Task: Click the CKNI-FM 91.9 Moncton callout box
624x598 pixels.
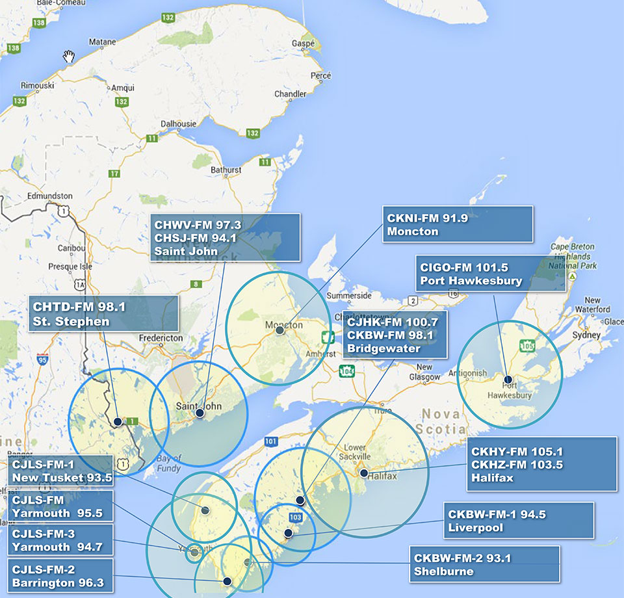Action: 457,224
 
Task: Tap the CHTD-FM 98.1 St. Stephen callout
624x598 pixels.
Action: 103,313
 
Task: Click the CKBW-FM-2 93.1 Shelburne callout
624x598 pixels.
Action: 484,564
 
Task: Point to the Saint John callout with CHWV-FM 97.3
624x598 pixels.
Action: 225,237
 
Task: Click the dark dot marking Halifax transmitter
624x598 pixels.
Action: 364,473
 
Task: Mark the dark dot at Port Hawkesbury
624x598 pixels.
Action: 508,379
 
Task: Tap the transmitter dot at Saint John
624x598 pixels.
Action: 200,413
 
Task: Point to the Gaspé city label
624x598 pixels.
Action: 303,43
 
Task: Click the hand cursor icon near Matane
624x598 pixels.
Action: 69,57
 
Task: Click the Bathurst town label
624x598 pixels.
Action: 226,170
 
